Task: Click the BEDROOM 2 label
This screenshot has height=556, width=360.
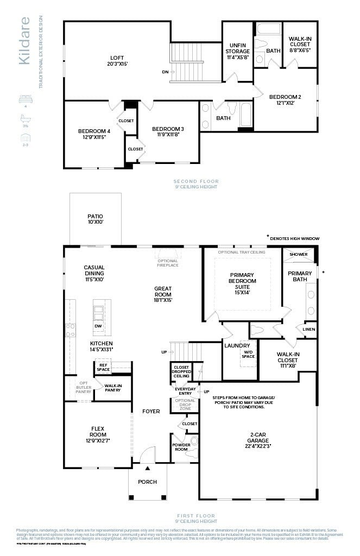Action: pyautogui.click(x=285, y=97)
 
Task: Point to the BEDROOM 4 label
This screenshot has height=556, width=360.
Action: pyautogui.click(x=94, y=131)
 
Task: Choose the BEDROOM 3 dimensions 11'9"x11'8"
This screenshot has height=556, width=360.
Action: pyautogui.click(x=168, y=135)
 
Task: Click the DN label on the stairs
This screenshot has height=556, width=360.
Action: pyautogui.click(x=165, y=71)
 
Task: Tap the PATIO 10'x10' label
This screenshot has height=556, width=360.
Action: pyautogui.click(x=95, y=216)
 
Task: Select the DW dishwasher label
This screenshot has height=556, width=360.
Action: pyautogui.click(x=98, y=326)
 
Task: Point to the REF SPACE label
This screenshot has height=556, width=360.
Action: pyautogui.click(x=103, y=367)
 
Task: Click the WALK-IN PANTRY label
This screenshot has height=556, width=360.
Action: pyautogui.click(x=112, y=387)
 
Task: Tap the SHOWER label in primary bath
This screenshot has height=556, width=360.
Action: pyautogui.click(x=298, y=254)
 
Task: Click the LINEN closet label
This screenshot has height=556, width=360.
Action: pyautogui.click(x=308, y=330)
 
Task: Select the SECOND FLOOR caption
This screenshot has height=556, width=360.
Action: pyautogui.click(x=195, y=181)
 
